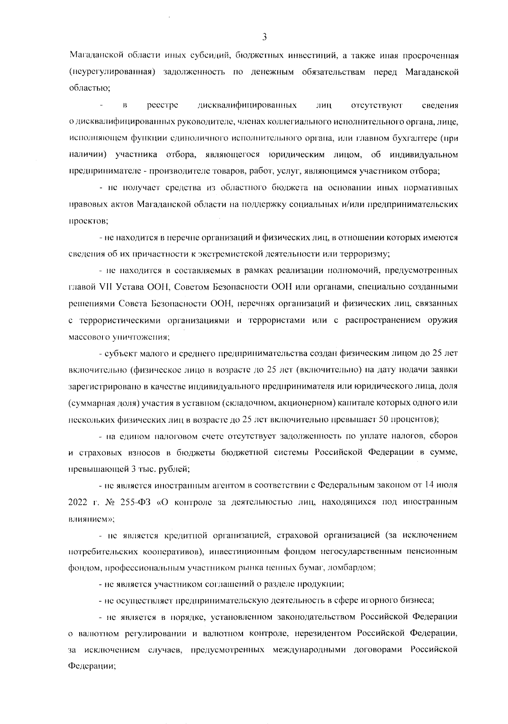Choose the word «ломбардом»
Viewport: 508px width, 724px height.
353,568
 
